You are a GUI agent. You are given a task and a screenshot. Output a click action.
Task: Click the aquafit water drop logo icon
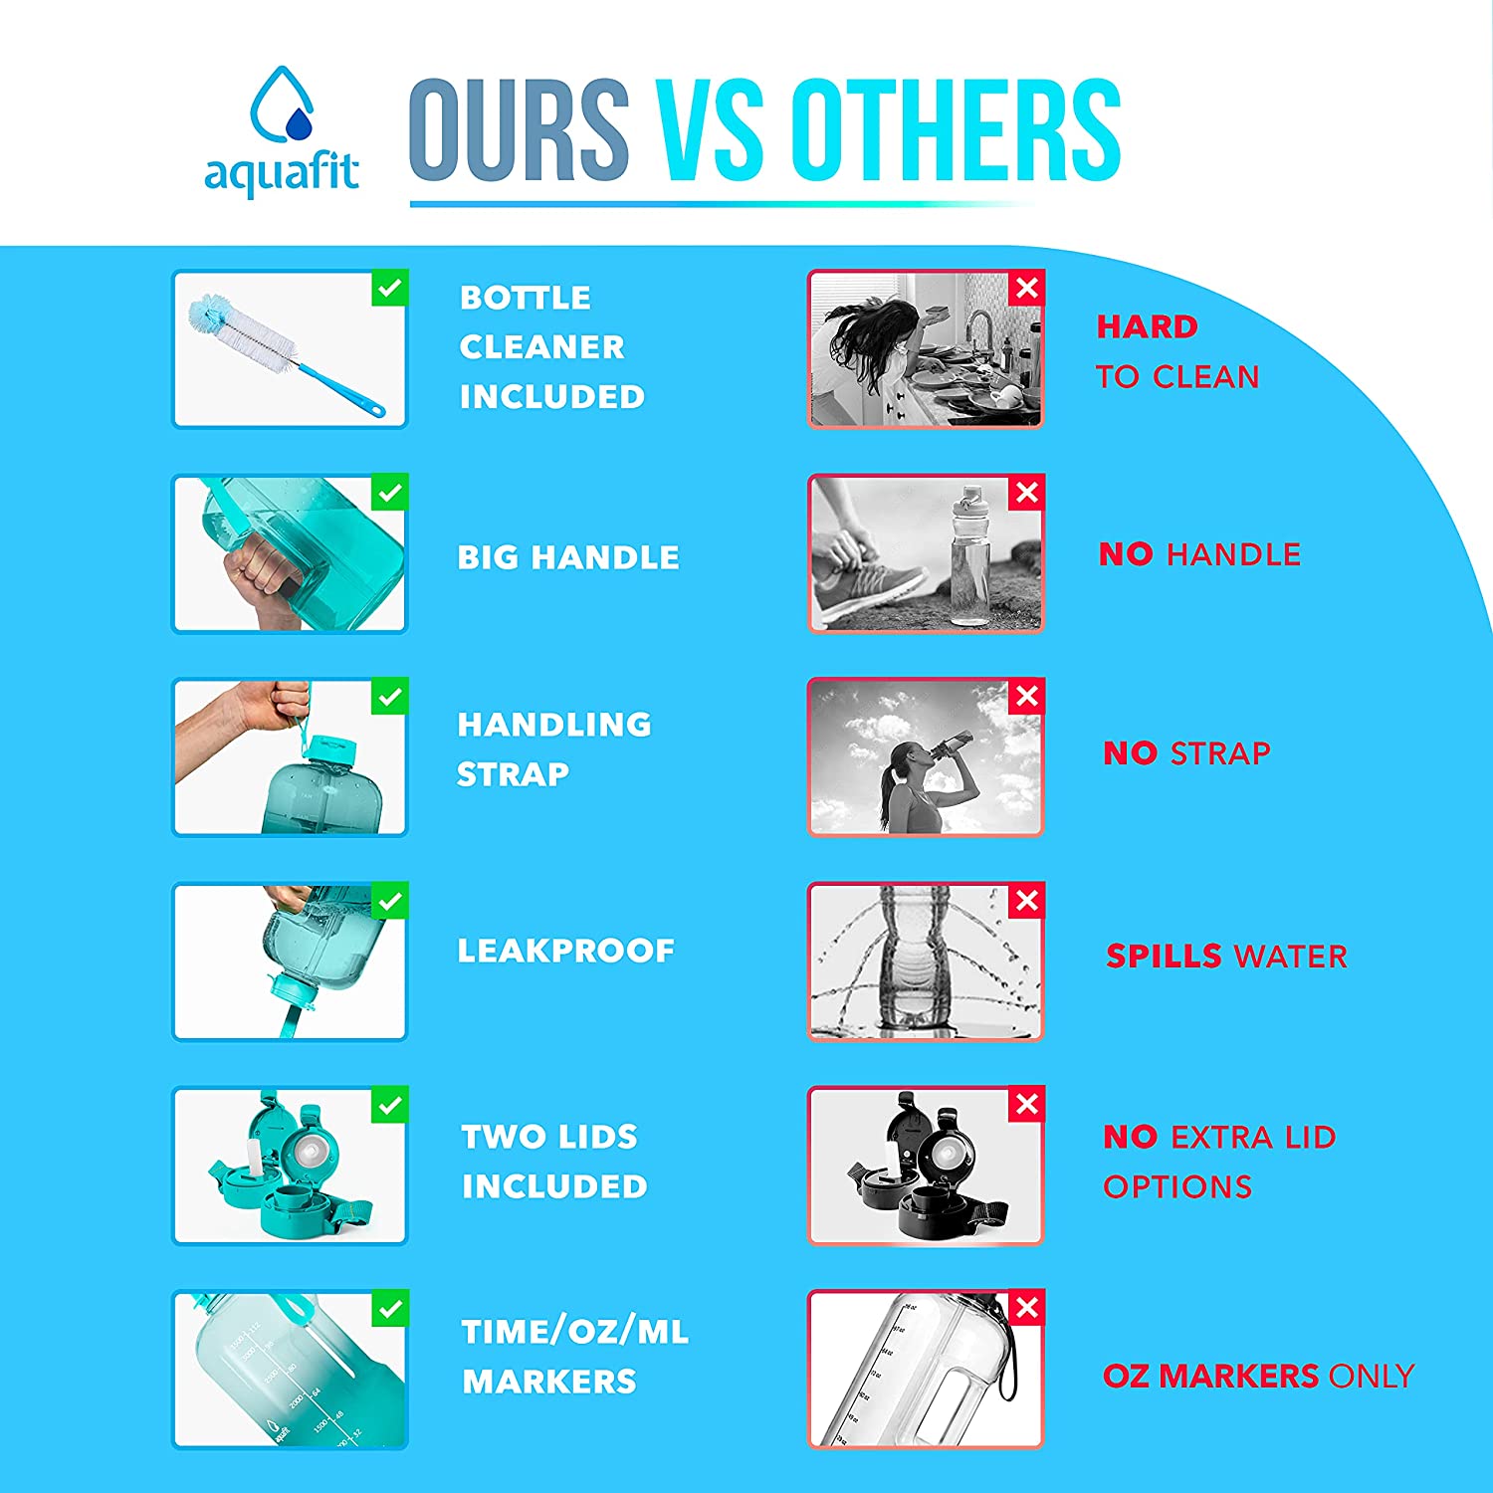pyautogui.click(x=282, y=106)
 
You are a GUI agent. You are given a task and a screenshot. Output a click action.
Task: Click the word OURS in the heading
pyautogui.click(x=519, y=130)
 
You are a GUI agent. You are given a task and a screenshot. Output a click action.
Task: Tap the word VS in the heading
pyautogui.click(x=710, y=130)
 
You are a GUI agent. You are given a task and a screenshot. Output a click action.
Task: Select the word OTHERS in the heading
pyautogui.click(x=957, y=130)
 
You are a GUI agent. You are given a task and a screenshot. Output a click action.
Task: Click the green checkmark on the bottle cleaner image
pyautogui.click(x=389, y=289)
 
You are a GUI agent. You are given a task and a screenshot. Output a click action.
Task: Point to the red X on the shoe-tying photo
pyautogui.click(x=1026, y=493)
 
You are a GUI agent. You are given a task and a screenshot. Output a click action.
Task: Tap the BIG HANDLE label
pyautogui.click(x=568, y=556)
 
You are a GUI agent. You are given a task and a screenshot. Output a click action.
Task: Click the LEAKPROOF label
pyautogui.click(x=565, y=951)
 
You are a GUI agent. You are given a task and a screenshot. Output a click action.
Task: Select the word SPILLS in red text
pyautogui.click(x=1164, y=956)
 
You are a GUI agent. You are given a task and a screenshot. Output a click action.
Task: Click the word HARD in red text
pyautogui.click(x=1147, y=326)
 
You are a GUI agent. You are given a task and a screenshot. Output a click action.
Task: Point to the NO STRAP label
pyautogui.click(x=1186, y=753)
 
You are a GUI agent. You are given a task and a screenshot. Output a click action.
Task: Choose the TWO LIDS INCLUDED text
pyautogui.click(x=554, y=1161)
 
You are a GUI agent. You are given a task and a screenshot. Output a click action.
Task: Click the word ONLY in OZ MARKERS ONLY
pyautogui.click(x=1371, y=1376)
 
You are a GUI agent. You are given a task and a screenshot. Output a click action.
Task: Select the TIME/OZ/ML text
pyautogui.click(x=574, y=1332)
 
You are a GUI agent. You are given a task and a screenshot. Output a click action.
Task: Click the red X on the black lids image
pyautogui.click(x=1026, y=1105)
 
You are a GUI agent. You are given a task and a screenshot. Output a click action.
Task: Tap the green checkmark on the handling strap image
pyautogui.click(x=389, y=697)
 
